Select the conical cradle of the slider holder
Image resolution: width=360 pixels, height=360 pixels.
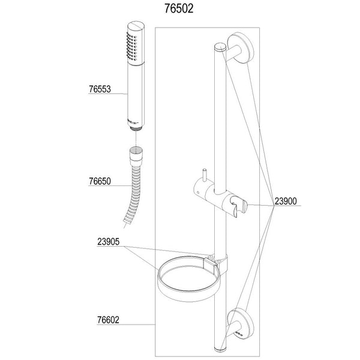pyautogui.click(x=240, y=206)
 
